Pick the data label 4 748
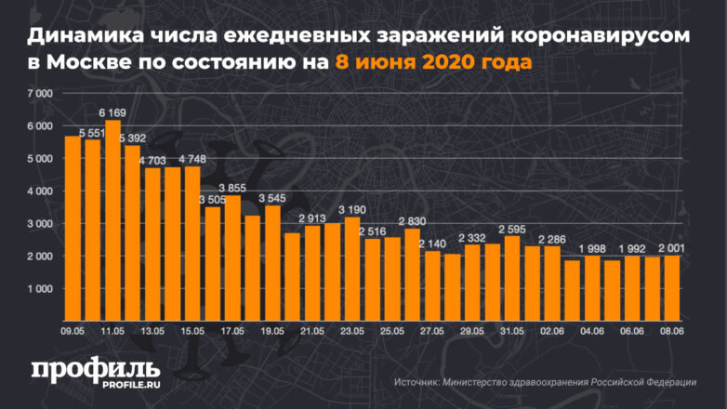pos(192,158)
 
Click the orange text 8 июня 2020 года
pos(433,63)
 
